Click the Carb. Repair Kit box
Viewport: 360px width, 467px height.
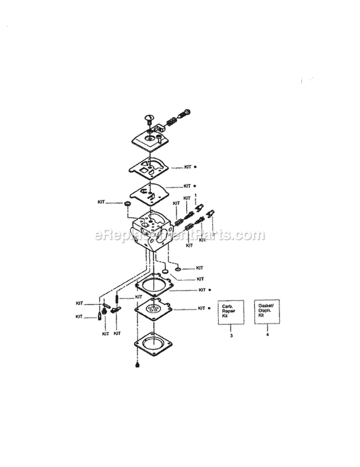click(x=231, y=313)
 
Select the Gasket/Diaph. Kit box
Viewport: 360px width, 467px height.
click(x=267, y=312)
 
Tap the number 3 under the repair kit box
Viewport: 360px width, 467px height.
click(x=231, y=335)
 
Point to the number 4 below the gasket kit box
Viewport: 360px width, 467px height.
click(x=267, y=335)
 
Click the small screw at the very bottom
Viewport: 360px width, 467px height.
click(x=138, y=365)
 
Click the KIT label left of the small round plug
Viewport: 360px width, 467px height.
click(x=101, y=203)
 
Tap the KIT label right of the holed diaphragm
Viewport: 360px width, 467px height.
click(x=202, y=308)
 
